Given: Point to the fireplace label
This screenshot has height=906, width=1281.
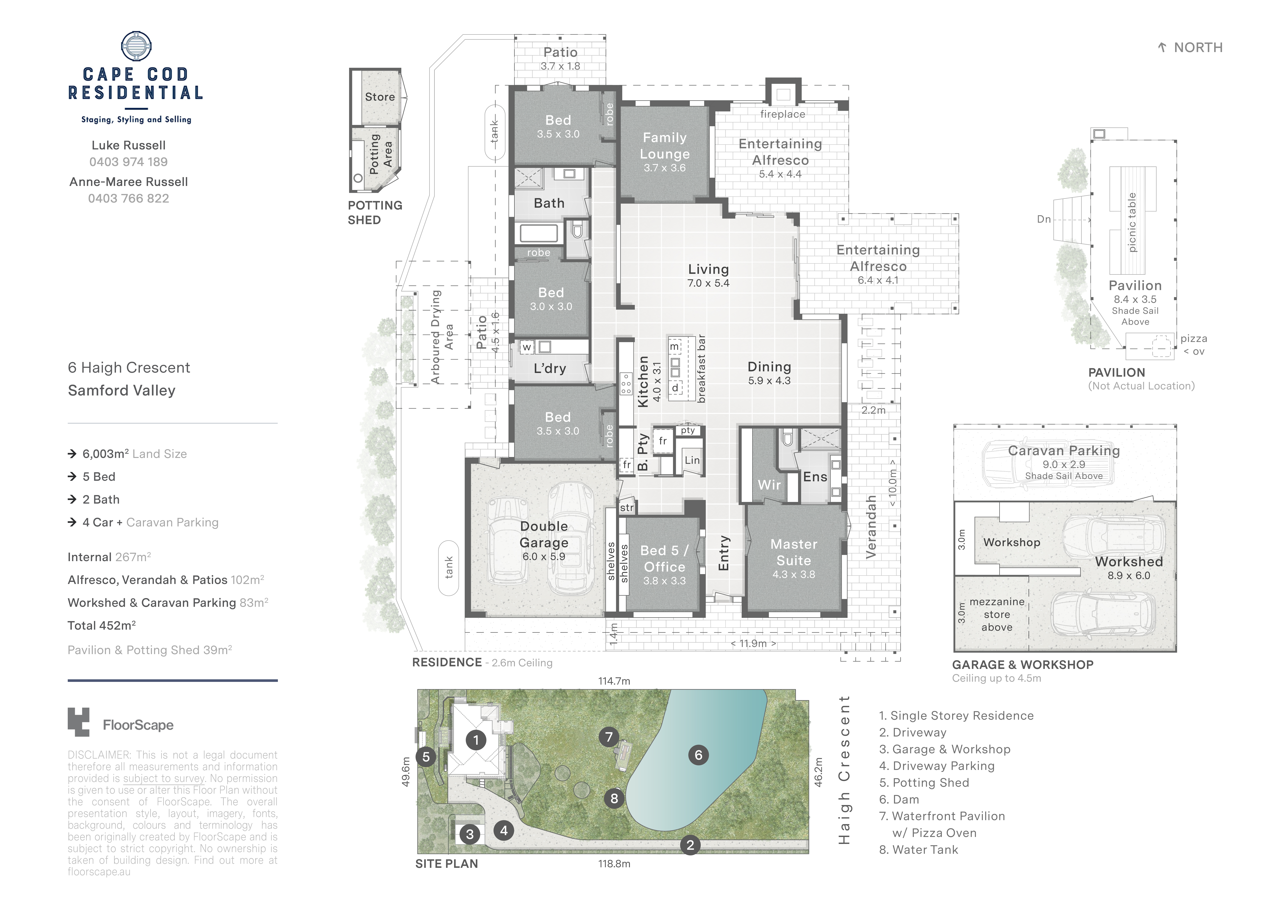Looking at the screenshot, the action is pos(783,114).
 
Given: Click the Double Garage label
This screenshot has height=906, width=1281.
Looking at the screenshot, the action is pos(544,534).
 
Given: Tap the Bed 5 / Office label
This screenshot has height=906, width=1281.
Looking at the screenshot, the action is pos(664,559).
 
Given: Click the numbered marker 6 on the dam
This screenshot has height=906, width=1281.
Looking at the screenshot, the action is pos(699,755).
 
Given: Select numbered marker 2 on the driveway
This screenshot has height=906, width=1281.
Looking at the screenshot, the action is pos(690,845).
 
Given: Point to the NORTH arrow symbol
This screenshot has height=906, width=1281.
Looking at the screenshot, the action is pos(1162,47).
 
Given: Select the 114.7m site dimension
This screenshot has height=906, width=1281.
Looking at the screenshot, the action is pos(614,681).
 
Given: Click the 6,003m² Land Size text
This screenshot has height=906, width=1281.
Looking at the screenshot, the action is pos(134,454).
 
